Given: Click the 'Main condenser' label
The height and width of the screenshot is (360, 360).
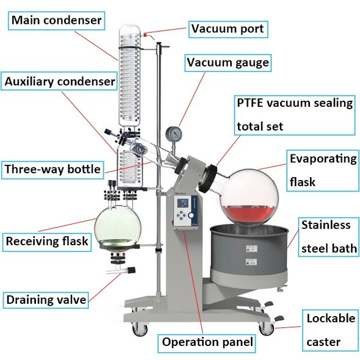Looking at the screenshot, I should point(56,21).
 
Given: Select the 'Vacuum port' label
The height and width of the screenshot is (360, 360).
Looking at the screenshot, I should point(228,28).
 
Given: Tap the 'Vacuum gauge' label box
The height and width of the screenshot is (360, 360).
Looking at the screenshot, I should point(228,63).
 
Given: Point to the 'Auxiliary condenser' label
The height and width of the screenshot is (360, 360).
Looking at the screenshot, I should point(59,81).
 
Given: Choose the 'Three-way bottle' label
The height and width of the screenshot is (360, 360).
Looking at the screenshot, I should point(52,169).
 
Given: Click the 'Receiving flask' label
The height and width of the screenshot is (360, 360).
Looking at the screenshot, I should point(47,241).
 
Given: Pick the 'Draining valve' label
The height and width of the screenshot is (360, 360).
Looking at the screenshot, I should point(46,299).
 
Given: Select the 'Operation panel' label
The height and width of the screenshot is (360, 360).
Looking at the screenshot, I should point(207,342).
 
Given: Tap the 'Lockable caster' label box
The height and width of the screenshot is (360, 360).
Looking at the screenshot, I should point(330,330).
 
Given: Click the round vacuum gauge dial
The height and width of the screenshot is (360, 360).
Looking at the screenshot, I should point(173,134).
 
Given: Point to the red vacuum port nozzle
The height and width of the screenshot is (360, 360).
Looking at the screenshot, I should point(147,35).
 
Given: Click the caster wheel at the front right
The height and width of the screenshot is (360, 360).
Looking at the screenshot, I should point(267,328).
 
